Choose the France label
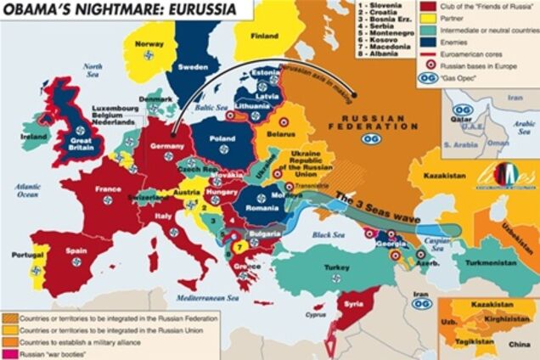[x=108, y=188]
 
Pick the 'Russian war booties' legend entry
[x=51, y=352]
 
